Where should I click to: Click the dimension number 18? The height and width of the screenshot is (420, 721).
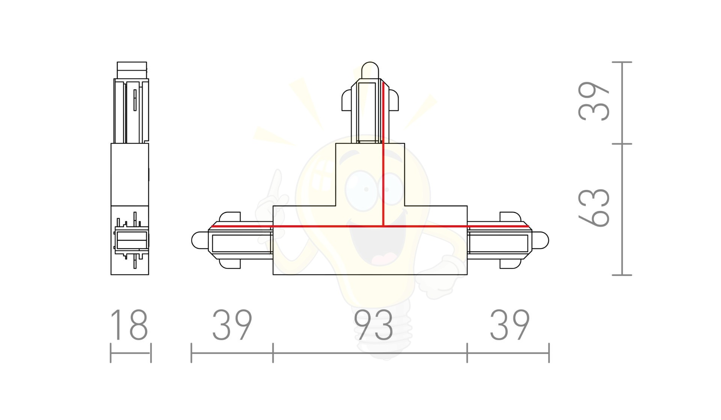click(x=129, y=325)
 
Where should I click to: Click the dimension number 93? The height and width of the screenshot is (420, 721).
click(x=374, y=325)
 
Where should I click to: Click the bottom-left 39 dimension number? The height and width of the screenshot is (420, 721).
click(x=232, y=325)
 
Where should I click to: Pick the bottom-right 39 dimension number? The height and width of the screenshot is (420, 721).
click(x=510, y=325)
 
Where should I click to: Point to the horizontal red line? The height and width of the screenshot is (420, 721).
click(x=370, y=226)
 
